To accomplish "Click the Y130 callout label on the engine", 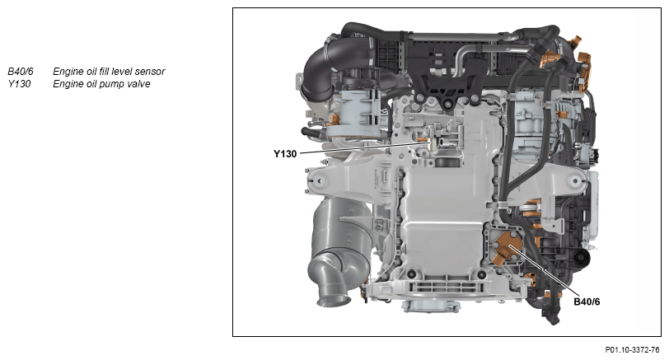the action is click(x=285, y=153).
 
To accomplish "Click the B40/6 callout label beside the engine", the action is click(x=587, y=302).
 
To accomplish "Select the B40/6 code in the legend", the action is click(x=21, y=71).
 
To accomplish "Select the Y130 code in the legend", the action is click(x=19, y=83).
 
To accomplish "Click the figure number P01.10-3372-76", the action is click(x=632, y=350).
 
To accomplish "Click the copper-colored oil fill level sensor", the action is click(x=508, y=249).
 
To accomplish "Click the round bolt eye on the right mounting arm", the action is click(x=575, y=181).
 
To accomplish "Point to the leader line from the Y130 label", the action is click(x=365, y=148).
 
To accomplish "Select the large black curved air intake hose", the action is click(x=328, y=68).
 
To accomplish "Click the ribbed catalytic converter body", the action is click(x=341, y=231).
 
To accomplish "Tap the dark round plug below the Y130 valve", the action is click(x=448, y=163).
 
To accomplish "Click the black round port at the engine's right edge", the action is click(x=582, y=258).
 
